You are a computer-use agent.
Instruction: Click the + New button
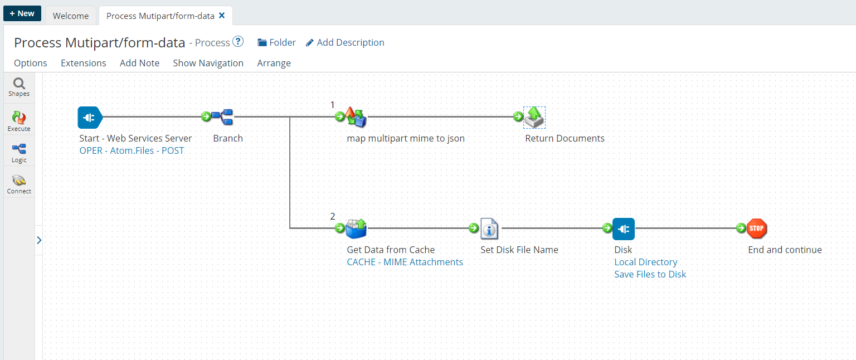pyautogui.click(x=22, y=13)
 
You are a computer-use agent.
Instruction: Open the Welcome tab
pyautogui.click(x=71, y=16)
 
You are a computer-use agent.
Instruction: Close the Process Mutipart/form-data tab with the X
pyautogui.click(x=222, y=16)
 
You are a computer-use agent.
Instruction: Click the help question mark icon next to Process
pyautogui.click(x=238, y=42)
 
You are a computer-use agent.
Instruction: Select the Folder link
pyautogui.click(x=276, y=42)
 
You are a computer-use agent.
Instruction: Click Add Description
pyautogui.click(x=345, y=42)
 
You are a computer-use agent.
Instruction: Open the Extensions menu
pyautogui.click(x=83, y=63)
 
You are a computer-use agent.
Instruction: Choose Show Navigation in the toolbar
pyautogui.click(x=208, y=63)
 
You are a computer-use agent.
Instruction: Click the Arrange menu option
pyautogui.click(x=274, y=63)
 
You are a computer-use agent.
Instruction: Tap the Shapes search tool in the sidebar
pyautogui.click(x=19, y=87)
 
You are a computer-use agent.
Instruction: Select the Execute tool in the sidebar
pyautogui.click(x=19, y=120)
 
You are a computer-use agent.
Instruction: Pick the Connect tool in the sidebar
pyautogui.click(x=19, y=183)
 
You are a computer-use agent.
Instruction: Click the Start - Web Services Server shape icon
pyautogui.click(x=89, y=117)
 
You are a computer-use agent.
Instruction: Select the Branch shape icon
pyautogui.click(x=222, y=117)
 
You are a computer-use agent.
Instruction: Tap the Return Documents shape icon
pyautogui.click(x=534, y=117)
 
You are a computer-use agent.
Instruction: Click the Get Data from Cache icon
pyautogui.click(x=356, y=228)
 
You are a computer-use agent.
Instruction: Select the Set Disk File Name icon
pyautogui.click(x=489, y=228)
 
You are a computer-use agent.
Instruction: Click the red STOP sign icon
pyautogui.click(x=757, y=228)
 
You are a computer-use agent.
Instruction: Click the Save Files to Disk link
pyautogui.click(x=650, y=274)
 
